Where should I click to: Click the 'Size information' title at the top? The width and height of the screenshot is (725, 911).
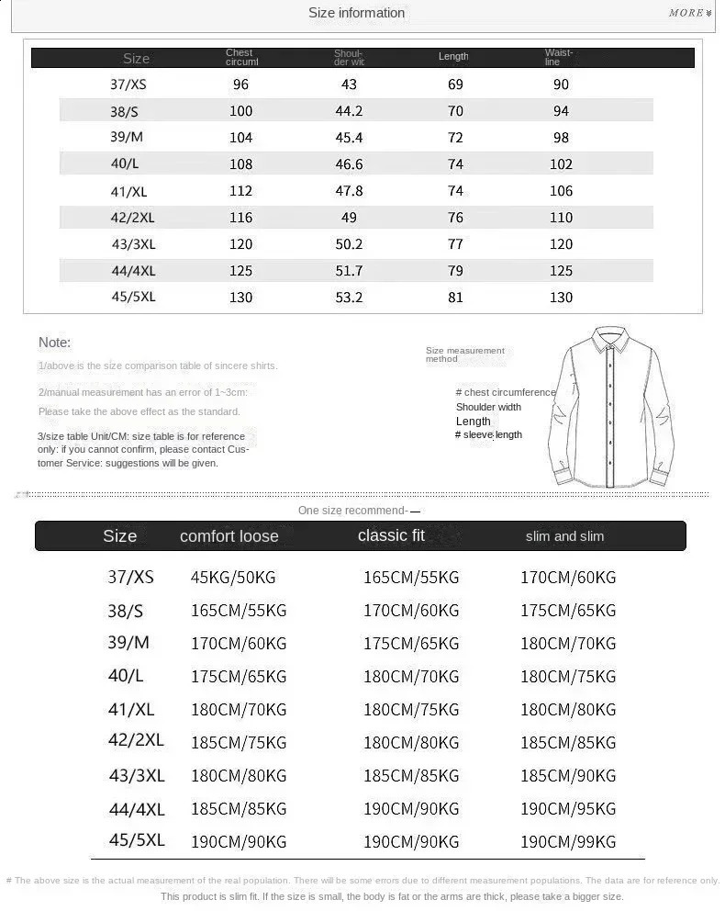point(356,13)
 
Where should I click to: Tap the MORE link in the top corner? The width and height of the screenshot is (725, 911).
point(689,13)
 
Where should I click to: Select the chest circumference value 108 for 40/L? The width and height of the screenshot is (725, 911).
point(240,164)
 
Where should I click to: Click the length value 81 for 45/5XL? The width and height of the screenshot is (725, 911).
point(455,297)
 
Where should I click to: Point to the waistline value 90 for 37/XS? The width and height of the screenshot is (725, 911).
point(561,84)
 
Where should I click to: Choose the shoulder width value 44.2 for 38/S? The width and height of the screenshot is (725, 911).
point(349,111)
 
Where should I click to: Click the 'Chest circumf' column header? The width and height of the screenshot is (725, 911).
point(242,58)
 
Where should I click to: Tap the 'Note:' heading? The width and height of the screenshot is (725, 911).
point(54,343)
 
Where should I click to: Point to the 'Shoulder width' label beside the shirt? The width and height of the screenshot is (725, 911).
point(488,407)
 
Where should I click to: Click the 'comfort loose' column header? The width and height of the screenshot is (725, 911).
point(229,536)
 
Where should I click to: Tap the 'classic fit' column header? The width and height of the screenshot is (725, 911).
point(391,535)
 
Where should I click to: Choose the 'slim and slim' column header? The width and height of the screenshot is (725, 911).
point(564,536)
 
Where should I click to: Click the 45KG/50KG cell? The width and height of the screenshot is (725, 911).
point(233,578)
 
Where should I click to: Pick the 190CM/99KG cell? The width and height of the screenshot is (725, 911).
point(568,841)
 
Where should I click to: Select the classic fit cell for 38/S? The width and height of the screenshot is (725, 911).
point(411,611)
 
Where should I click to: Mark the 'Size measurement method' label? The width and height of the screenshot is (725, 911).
point(464,354)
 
